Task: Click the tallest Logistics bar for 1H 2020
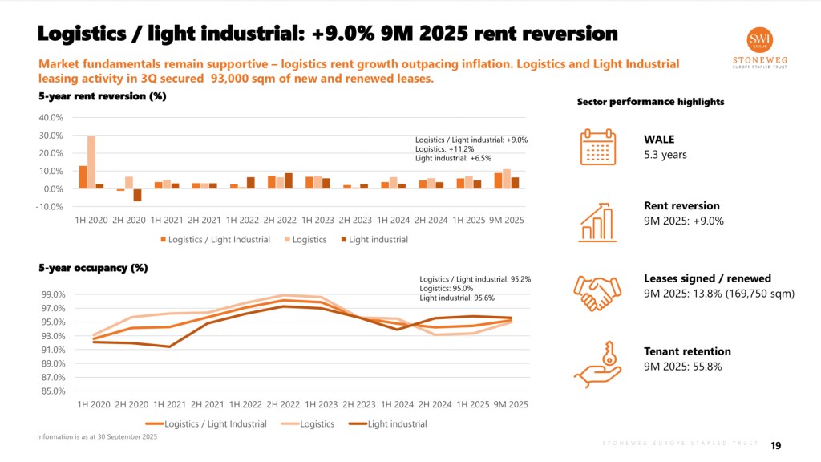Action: point(91,162)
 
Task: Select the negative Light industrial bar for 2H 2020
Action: point(137,195)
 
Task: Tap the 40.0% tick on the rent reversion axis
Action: point(51,117)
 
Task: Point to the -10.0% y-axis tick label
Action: point(50,207)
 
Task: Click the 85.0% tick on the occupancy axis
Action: point(53,391)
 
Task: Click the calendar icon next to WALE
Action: point(597,147)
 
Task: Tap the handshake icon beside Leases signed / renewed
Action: point(597,292)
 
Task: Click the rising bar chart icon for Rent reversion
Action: point(597,220)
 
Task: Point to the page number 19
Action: point(776,446)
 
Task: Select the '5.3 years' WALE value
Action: point(665,155)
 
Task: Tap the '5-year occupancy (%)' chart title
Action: point(92,268)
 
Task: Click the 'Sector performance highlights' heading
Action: point(640,102)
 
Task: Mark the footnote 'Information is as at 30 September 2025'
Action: point(96,436)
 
